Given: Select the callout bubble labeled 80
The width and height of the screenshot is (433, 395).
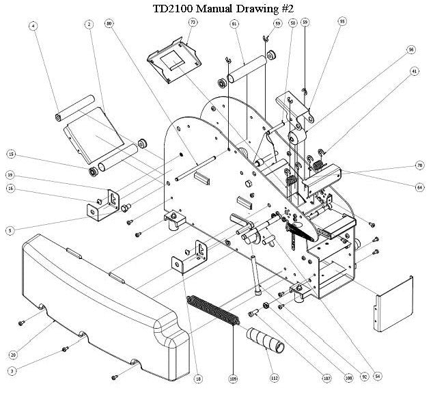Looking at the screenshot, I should [x=109, y=24].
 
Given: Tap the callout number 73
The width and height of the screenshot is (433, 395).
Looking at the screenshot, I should [x=193, y=23].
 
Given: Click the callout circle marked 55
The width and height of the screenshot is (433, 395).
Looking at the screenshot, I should [x=342, y=22].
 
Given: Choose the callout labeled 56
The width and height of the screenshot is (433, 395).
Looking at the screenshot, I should [x=411, y=49].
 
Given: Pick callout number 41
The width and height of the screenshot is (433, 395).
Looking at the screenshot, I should [x=415, y=70].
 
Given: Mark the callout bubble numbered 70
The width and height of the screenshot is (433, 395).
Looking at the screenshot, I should [x=419, y=165].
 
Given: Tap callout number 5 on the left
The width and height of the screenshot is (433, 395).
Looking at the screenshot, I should [x=10, y=231].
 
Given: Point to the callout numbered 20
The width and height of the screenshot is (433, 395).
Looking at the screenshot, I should [x=12, y=355].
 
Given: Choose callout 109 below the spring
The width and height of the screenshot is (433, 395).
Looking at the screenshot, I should [x=234, y=378].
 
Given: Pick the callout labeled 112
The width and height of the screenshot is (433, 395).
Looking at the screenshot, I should [x=274, y=378].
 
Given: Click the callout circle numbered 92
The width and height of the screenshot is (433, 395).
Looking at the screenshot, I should [x=365, y=377].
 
